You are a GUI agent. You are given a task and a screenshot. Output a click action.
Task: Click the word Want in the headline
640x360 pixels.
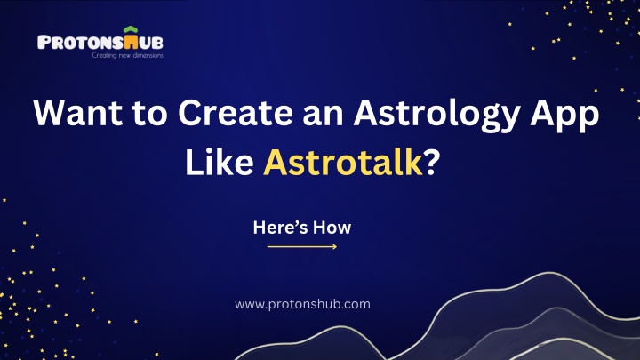tap(78, 112)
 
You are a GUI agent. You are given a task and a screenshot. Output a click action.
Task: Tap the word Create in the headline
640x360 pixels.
tap(236, 112)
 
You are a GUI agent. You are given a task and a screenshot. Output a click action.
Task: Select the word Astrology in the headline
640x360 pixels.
tap(436, 116)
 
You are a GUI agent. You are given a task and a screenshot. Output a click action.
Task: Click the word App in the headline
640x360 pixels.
tap(564, 116)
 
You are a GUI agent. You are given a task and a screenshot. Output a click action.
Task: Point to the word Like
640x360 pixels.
tap(220, 163)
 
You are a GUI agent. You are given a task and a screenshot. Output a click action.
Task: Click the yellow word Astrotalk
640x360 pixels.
tap(343, 163)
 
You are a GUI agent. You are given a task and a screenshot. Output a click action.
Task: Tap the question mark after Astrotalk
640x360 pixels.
tap(432, 163)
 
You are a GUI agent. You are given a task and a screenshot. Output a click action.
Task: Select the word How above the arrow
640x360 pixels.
tap(332, 228)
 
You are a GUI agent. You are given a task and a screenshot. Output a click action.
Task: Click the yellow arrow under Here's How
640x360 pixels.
tap(302, 246)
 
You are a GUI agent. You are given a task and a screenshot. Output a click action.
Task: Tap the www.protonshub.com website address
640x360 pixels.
tap(302, 305)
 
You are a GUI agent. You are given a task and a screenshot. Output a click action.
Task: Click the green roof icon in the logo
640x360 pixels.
tap(131, 30)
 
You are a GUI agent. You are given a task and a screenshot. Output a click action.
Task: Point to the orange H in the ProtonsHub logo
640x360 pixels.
tap(131, 43)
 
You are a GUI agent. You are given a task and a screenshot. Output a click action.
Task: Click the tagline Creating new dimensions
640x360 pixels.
tap(127, 55)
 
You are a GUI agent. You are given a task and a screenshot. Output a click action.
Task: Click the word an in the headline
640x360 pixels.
tap(324, 116)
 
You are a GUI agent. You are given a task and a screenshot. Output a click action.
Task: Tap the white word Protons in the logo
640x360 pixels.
tap(80, 43)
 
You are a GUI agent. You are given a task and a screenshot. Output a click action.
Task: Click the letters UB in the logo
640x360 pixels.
tap(151, 43)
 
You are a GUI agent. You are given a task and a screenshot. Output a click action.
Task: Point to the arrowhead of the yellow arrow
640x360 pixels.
tap(334, 246)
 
